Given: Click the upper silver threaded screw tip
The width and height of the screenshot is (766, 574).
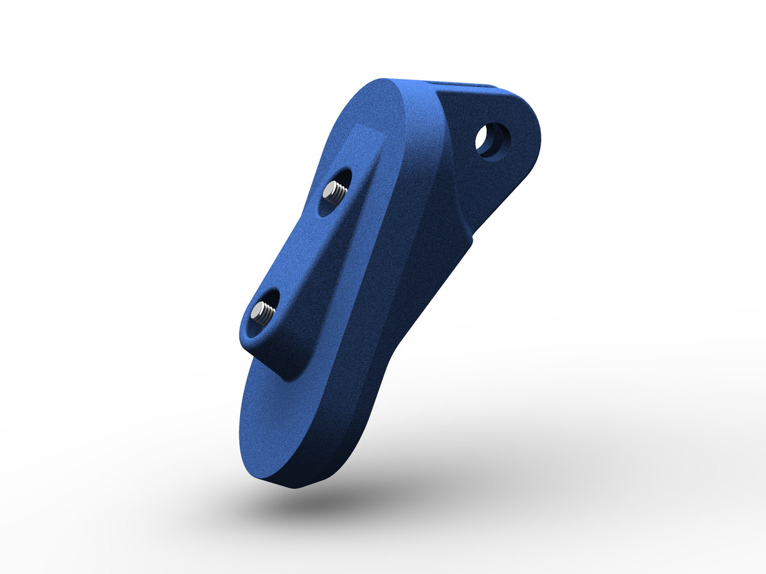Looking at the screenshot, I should coord(334,191).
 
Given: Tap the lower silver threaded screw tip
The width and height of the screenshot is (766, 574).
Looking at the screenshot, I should coord(262,313).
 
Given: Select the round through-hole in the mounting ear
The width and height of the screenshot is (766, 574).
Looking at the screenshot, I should coord(492,140).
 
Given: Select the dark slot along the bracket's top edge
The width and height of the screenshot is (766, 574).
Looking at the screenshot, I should coord(460,84).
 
